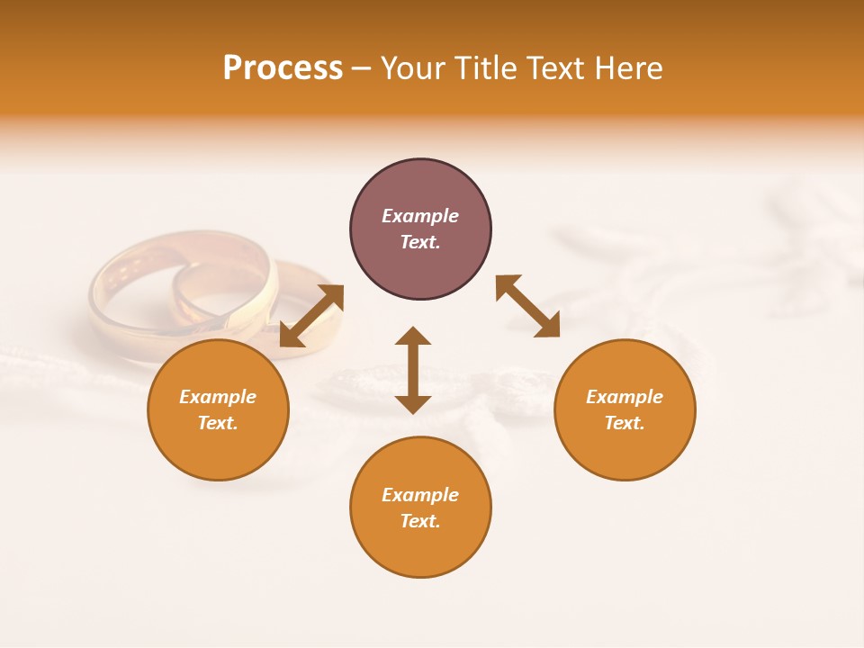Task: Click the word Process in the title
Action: (283, 68)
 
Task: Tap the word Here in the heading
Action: (629, 68)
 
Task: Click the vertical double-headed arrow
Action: (413, 370)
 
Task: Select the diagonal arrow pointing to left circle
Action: (311, 315)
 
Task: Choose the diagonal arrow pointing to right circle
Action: (528, 306)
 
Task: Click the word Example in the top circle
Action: (420, 216)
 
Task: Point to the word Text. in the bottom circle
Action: (420, 521)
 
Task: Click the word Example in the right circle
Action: (625, 397)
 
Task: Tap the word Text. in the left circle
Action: (218, 423)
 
